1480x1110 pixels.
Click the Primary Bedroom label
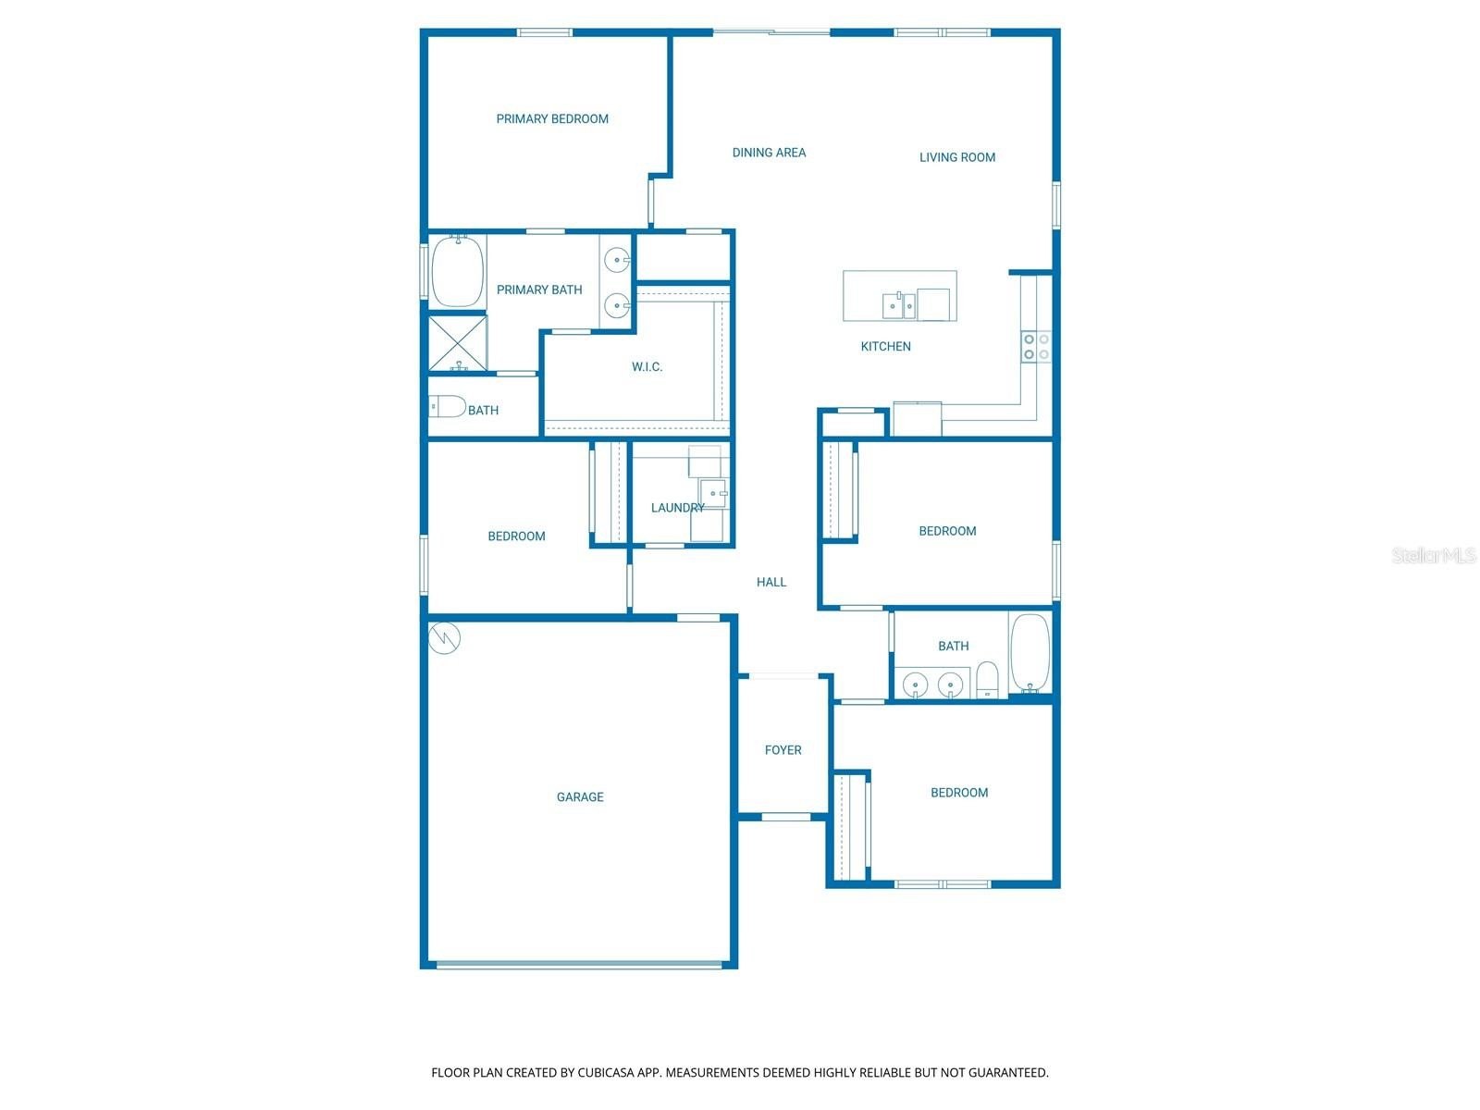[x=552, y=118]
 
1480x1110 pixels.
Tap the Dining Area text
[x=769, y=153]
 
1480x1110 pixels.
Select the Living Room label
[x=957, y=157]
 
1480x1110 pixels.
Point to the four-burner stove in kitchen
[x=1036, y=347]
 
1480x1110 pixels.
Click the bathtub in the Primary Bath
[x=458, y=271]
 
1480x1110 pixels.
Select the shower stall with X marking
[x=458, y=343]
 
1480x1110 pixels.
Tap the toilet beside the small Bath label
[x=448, y=406]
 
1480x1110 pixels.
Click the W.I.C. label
[x=647, y=367]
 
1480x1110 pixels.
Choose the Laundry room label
[x=677, y=508]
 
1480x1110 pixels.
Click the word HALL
[x=771, y=582]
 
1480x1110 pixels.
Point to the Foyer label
[x=783, y=750]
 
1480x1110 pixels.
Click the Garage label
[x=580, y=796]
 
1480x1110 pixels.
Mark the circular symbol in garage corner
[x=445, y=638]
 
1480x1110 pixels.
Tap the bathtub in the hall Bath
[x=1030, y=652]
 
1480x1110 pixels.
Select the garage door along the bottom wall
[x=579, y=965]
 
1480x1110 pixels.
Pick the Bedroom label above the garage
[x=516, y=536]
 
